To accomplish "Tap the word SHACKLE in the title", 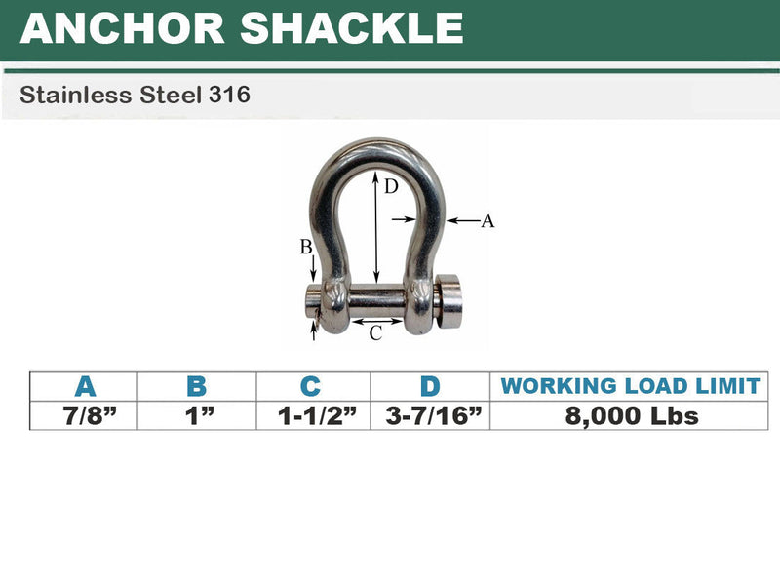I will [x=353, y=27].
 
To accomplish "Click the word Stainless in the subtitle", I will [x=63, y=96].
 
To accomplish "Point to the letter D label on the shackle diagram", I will [x=390, y=187].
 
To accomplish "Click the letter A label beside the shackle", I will [x=487, y=221].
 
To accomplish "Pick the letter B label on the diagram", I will [x=306, y=248].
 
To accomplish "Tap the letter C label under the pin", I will [x=375, y=333].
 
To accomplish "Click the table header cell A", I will [x=85, y=386].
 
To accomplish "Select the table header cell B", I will [x=197, y=386].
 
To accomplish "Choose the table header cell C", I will [x=312, y=386].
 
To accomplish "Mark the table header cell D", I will [x=430, y=386].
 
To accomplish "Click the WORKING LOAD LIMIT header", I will [x=630, y=386].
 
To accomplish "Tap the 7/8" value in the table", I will [x=85, y=415].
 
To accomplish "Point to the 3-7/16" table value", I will [x=430, y=415].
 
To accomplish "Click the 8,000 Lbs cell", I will [x=630, y=415].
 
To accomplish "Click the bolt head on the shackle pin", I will [x=449, y=302].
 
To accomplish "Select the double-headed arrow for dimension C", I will [x=376, y=319].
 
